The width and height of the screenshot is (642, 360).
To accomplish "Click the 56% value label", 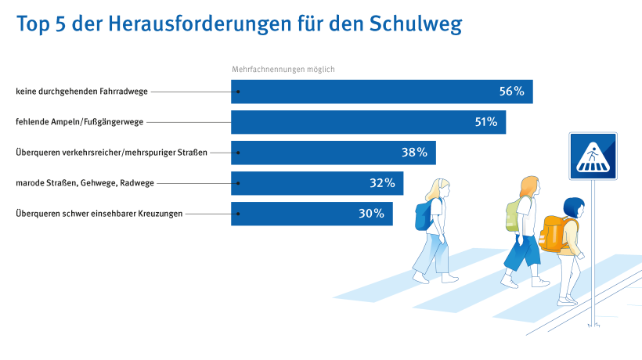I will point(510,92).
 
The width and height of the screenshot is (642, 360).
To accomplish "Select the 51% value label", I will point(485,122).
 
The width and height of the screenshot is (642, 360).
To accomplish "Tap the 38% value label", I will point(414,153).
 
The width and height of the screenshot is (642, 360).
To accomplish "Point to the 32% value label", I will point(381,183).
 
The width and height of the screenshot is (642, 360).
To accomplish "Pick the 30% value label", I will point(371,214).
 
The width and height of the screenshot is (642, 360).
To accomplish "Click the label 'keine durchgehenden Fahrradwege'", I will point(81,92).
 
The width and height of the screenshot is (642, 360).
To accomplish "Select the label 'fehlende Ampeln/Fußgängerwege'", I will point(79,122).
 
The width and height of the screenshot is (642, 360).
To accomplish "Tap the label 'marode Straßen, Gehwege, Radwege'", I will point(85,183).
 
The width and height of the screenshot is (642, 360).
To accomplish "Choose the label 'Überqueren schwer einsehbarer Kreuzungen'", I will point(99,214).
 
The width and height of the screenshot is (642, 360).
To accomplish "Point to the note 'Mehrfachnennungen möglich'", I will point(283,70).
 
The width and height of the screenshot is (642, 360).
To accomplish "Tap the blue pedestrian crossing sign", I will point(593,156).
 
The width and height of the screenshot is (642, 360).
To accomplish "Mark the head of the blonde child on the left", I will point(438,190).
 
